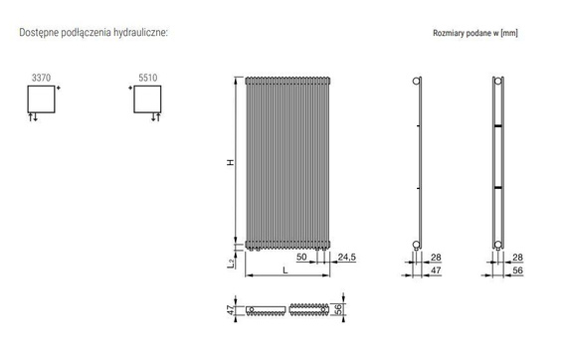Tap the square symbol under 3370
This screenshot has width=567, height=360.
(x=41, y=98)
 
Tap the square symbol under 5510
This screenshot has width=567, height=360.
(x=146, y=98)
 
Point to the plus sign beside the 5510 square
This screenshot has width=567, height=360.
(x=129, y=89)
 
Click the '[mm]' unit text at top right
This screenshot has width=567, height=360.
(x=507, y=33)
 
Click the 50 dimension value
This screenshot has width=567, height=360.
(x=300, y=257)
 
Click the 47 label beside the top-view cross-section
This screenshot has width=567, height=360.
(x=232, y=310)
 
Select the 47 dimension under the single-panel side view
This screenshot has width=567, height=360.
(x=435, y=269)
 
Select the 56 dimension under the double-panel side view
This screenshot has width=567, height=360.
(x=518, y=269)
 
